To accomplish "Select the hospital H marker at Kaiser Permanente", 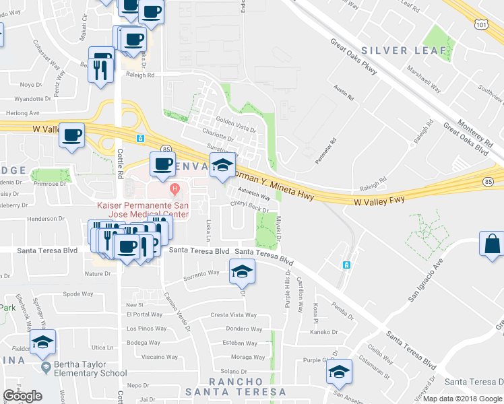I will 175,188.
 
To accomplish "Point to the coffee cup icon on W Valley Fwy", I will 72,134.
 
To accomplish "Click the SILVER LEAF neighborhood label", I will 404,50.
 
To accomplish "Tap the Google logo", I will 22,396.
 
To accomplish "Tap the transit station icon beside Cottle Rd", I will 140,138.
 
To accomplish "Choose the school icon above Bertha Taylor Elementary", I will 42,342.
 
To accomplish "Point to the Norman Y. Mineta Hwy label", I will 273,182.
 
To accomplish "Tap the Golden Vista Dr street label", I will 236,125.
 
